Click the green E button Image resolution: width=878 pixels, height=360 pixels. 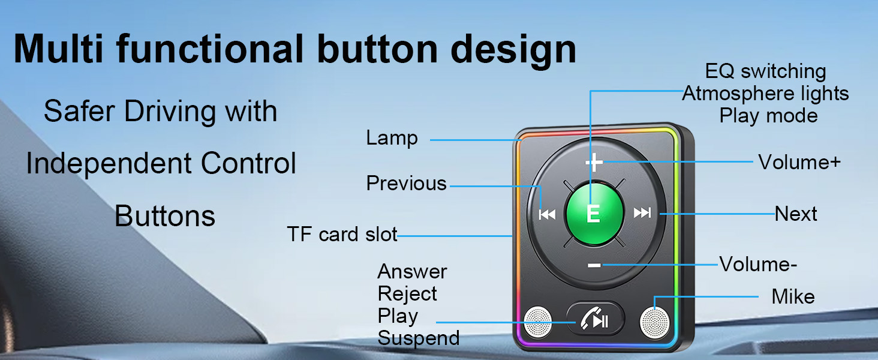(593, 214)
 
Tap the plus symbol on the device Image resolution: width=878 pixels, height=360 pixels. (594, 162)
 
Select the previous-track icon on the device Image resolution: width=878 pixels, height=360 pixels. (547, 214)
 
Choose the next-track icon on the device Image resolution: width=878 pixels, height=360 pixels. (642, 213)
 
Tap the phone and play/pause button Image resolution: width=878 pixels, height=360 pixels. (596, 320)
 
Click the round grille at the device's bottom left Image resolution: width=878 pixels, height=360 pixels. (537, 322)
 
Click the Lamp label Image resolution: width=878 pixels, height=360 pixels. (392, 139)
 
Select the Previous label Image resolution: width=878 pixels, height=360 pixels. (407, 184)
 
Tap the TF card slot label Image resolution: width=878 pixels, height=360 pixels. (342, 235)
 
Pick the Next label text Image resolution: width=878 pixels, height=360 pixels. (796, 214)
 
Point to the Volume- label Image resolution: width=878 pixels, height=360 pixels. (758, 264)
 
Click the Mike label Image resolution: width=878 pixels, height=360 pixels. (793, 296)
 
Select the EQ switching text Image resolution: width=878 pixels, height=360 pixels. (765, 71)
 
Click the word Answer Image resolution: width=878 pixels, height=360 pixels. (412, 272)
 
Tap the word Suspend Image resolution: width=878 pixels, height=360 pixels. (419, 338)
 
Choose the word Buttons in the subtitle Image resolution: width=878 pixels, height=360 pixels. (164, 216)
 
